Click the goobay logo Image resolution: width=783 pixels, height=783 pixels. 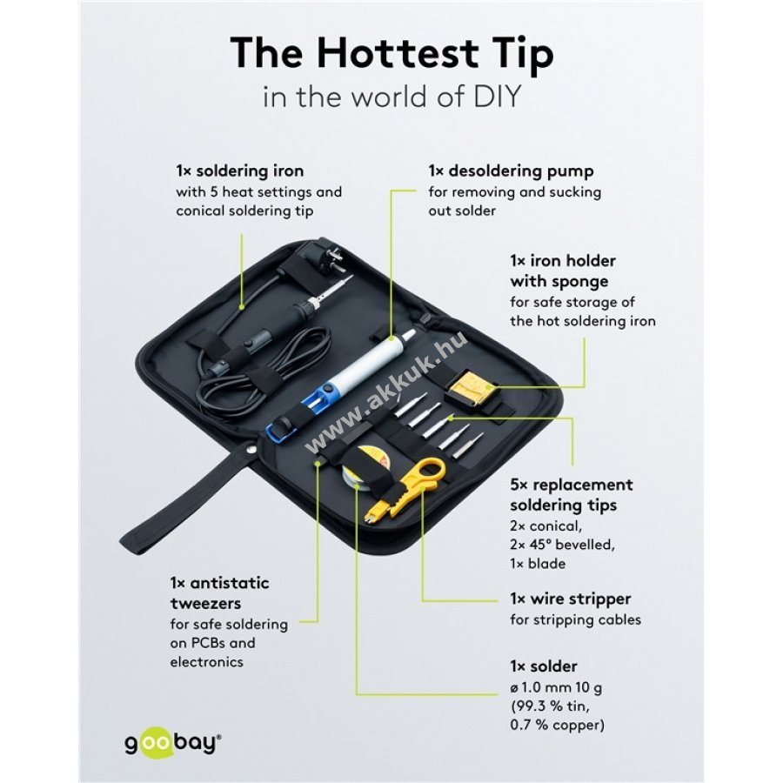pyautogui.click(x=172, y=744)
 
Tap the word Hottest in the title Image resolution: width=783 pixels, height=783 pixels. pyautogui.click(x=398, y=52)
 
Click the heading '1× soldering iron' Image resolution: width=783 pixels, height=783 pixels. pyautogui.click(x=240, y=171)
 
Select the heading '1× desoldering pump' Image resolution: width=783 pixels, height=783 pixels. pyautogui.click(x=511, y=171)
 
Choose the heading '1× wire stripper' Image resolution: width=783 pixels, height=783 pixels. pyautogui.click(x=570, y=599)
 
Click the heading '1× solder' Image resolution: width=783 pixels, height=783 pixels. pyautogui.click(x=543, y=666)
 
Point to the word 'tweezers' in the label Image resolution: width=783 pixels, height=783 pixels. pyautogui.click(x=205, y=604)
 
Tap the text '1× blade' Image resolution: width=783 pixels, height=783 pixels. pyautogui.click(x=538, y=564)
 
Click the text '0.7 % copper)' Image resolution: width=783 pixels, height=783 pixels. pyautogui.click(x=557, y=725)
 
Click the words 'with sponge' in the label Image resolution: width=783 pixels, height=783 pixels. pyautogui.click(x=559, y=281)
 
